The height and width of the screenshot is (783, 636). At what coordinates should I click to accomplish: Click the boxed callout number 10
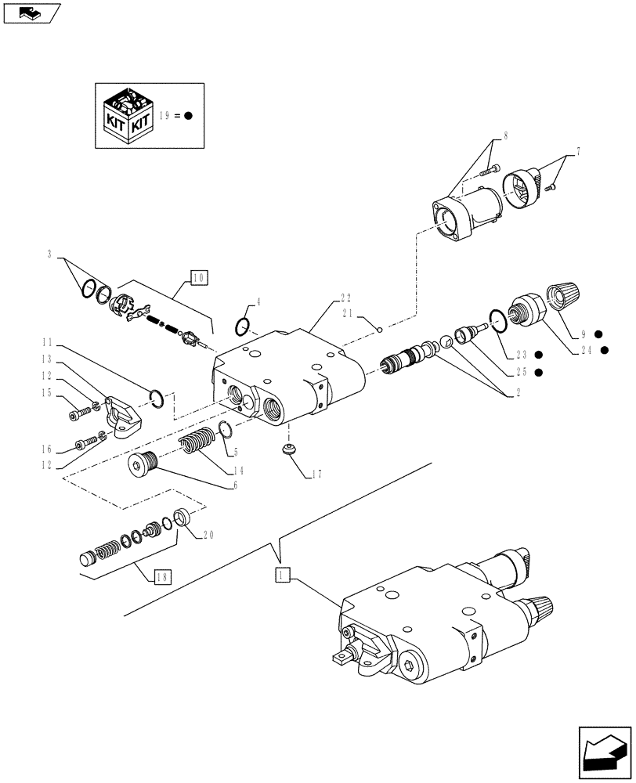point(199,277)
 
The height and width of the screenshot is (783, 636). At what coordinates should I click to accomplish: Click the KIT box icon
point(128,115)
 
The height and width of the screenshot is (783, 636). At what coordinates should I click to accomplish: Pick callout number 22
point(345,298)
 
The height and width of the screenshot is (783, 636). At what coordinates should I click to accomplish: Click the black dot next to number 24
point(605,350)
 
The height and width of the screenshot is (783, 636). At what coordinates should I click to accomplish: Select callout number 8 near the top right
point(506,136)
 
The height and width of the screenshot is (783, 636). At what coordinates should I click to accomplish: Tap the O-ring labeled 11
point(156,399)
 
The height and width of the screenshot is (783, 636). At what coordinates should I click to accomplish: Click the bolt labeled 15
point(77,413)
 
